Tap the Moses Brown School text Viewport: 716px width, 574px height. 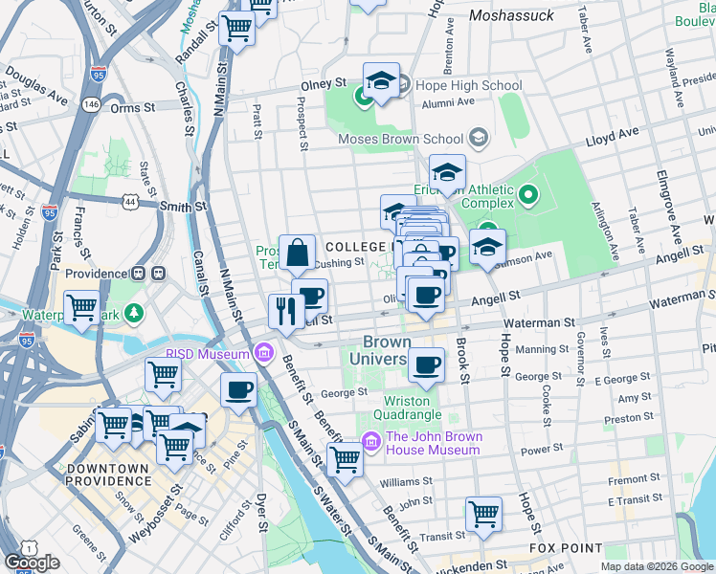(412, 140)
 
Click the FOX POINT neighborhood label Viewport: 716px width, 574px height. (565, 548)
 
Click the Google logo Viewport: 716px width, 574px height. (32, 563)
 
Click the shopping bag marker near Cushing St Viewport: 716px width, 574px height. (298, 253)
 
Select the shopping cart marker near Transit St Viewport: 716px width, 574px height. (484, 513)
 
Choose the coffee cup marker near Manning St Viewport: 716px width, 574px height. (427, 364)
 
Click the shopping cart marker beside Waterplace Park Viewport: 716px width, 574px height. (82, 308)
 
